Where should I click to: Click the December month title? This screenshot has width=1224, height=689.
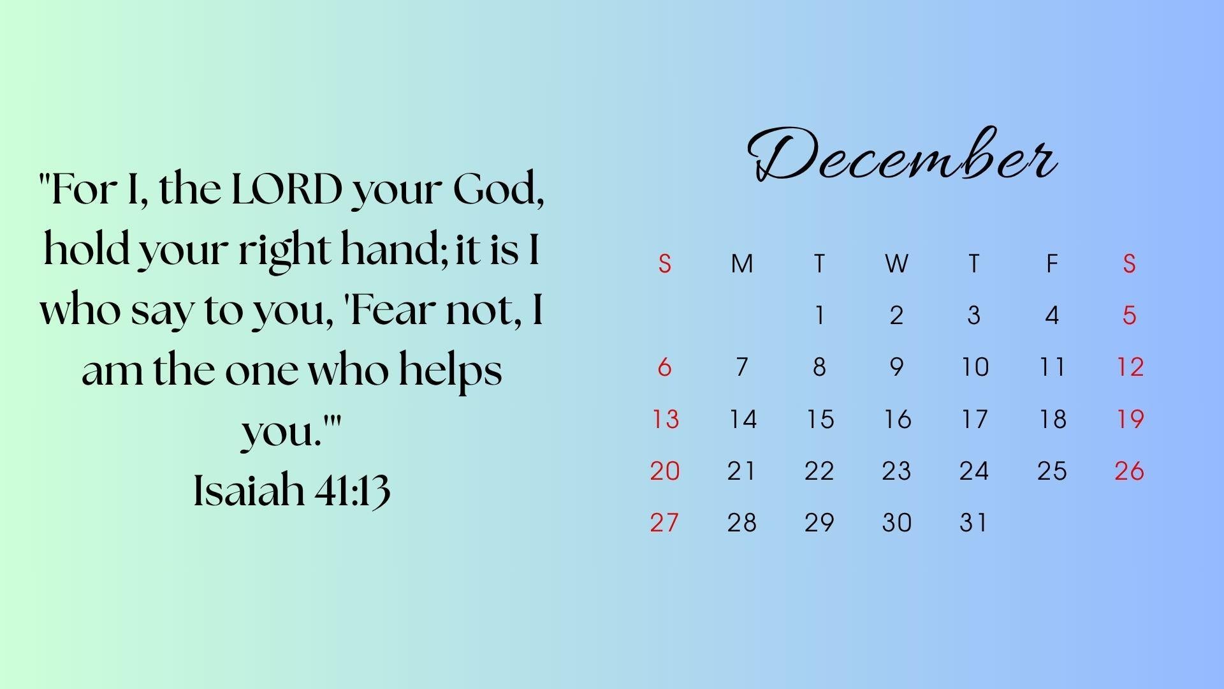click(903, 154)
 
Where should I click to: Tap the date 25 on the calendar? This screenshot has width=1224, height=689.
click(1052, 471)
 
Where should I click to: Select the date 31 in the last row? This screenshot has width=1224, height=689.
click(973, 522)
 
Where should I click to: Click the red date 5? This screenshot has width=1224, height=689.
click(1129, 315)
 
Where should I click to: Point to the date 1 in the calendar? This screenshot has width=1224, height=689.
click(820, 315)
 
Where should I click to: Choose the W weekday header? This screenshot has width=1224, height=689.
click(896, 263)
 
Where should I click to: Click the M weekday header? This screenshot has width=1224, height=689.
click(742, 263)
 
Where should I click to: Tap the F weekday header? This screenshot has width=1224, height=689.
click(1052, 263)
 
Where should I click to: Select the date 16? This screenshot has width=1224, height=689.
click(897, 419)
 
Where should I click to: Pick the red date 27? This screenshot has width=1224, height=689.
click(664, 522)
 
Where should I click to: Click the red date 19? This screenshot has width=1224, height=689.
click(1130, 419)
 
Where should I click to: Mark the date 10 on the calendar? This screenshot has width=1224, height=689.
click(975, 367)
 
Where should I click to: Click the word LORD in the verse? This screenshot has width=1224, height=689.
click(287, 189)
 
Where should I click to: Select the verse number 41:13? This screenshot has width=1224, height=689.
click(353, 491)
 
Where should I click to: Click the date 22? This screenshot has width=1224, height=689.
click(819, 471)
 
